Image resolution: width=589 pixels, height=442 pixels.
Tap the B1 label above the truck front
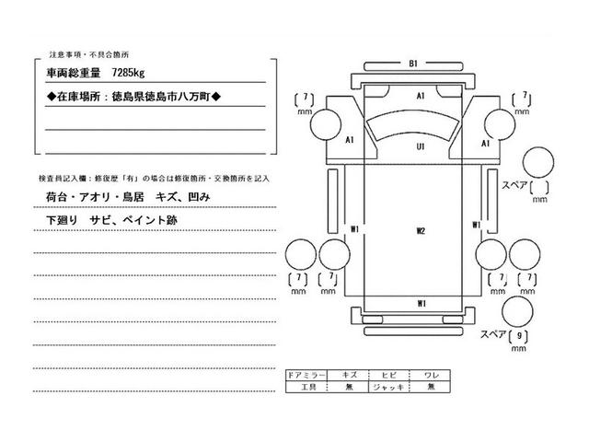(x=414, y=64)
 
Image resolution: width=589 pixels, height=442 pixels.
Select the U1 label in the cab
(x=420, y=146)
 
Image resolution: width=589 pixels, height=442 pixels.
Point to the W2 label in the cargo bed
(x=420, y=230)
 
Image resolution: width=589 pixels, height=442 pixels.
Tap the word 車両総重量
(x=73, y=71)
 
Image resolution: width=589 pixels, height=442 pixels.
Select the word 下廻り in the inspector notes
(x=61, y=222)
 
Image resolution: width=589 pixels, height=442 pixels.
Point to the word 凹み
(x=199, y=198)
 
